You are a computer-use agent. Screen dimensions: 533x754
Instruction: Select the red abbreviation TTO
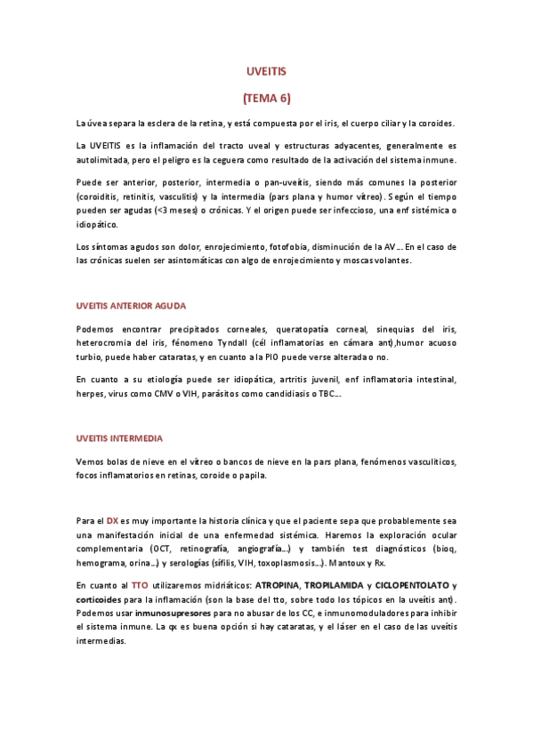[140, 585]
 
